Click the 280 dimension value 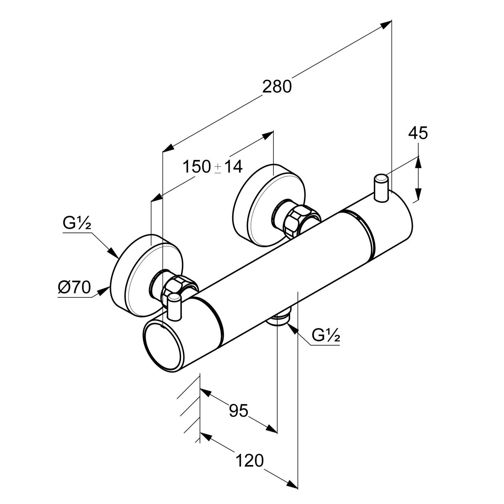tap(277, 87)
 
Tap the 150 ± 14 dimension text tap(213, 167)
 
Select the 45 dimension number tap(418, 133)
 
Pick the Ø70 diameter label tap(73, 288)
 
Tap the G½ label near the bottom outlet tap(325, 336)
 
